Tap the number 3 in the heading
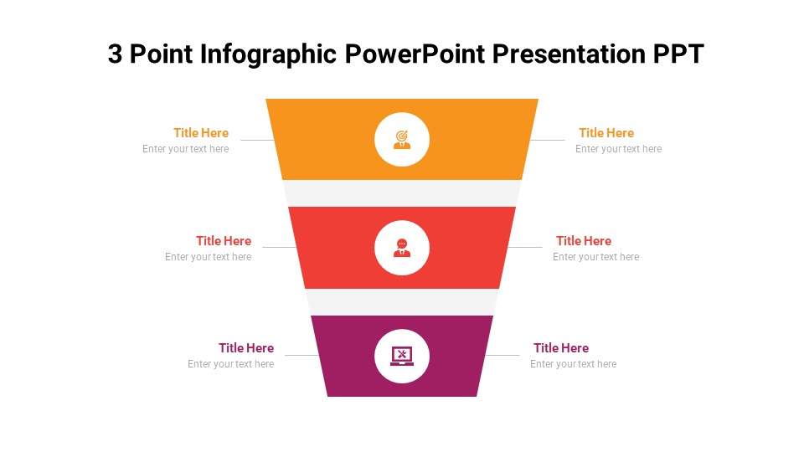(x=116, y=54)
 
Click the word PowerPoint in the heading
(x=414, y=54)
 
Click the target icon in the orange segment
(x=402, y=140)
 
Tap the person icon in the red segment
(x=402, y=248)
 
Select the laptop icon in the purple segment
(x=402, y=356)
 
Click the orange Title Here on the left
(x=201, y=133)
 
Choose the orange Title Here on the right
(x=606, y=133)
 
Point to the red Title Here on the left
(x=224, y=241)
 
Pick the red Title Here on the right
(x=584, y=241)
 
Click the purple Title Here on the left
(x=246, y=348)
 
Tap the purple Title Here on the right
(x=561, y=348)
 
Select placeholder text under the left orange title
(x=185, y=149)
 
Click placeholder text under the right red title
(x=595, y=257)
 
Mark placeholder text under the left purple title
(x=230, y=364)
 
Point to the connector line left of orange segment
(x=256, y=140)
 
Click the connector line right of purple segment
(x=502, y=356)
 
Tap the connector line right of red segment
(x=525, y=247)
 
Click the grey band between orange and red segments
(x=402, y=193)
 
